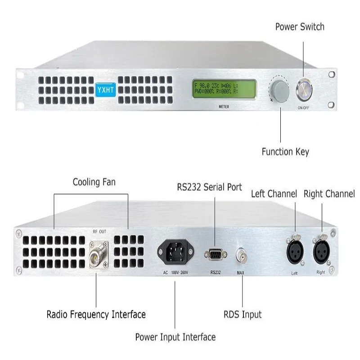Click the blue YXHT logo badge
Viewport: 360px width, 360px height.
pos(105,88)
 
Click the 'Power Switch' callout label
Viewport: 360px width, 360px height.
pos(299,27)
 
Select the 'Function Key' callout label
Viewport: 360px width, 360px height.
pos(285,152)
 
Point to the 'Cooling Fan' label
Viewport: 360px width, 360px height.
pos(94,182)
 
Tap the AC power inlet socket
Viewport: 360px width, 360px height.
pos(175,253)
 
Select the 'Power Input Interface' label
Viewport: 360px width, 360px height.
pos(175,337)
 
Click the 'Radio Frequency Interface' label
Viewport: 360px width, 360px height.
pos(96,314)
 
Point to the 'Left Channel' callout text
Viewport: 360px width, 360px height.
pos(274,194)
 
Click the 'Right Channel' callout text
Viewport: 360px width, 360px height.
pos(329,194)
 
